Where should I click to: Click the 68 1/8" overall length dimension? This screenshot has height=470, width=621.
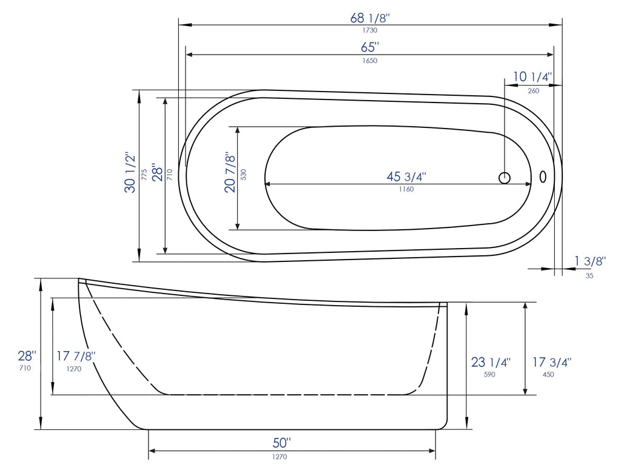(369, 18)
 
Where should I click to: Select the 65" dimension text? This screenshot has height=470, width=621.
(369, 47)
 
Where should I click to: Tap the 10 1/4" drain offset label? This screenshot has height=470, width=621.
(532, 77)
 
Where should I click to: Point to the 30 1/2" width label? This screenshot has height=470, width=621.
(130, 172)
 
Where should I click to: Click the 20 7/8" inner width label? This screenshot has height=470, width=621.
(230, 172)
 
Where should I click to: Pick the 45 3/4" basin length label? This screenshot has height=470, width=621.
(406, 176)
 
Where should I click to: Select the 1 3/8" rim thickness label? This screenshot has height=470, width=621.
(590, 261)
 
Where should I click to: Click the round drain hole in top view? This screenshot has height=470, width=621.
(505, 178)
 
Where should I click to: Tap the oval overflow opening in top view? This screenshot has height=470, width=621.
(543, 176)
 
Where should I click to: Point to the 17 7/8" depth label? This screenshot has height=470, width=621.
(76, 356)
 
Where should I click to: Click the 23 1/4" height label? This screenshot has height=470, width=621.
(491, 362)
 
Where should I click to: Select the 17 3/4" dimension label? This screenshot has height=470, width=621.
(552, 362)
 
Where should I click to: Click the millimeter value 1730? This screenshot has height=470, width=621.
(369, 30)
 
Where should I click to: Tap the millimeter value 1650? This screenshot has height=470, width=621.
(369, 60)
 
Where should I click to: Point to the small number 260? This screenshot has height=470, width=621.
(533, 90)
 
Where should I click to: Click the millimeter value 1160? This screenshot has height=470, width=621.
(406, 189)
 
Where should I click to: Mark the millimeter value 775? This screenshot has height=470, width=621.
(144, 175)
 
